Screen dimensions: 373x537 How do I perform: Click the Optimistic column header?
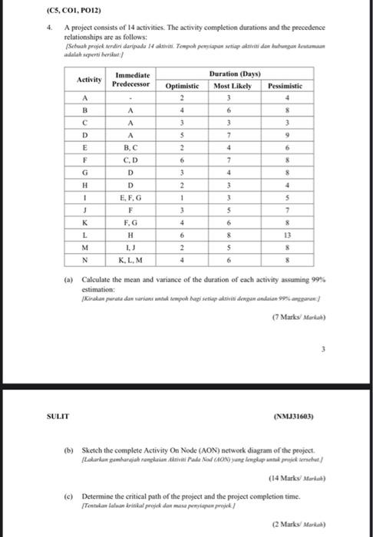point(182,86)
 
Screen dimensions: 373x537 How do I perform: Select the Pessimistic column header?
point(285,86)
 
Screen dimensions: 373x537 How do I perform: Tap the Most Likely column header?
point(232,86)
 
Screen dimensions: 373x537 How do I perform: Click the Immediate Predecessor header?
point(131,80)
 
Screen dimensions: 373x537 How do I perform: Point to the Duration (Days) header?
point(233,74)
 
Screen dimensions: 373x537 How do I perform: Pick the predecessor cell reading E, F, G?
point(131,198)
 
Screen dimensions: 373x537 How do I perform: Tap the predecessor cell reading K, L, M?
point(131,261)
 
